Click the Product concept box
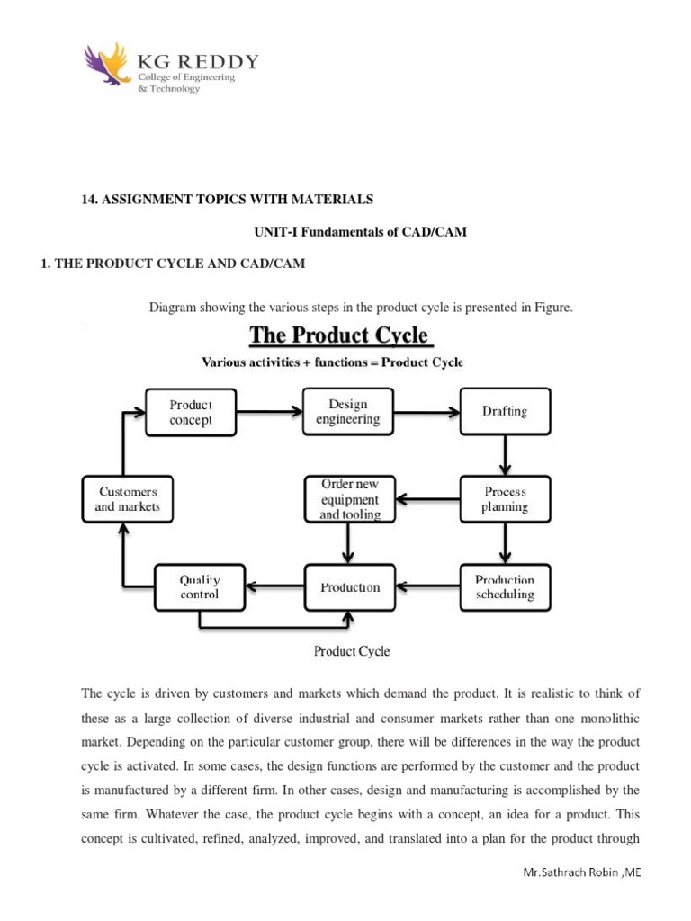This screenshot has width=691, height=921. click(x=191, y=412)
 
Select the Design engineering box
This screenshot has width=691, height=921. click(x=347, y=411)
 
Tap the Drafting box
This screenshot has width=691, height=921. click(x=505, y=412)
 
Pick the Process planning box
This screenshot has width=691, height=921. click(x=505, y=499)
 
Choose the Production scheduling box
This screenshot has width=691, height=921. click(x=505, y=587)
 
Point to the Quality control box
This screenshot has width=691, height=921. click(x=199, y=587)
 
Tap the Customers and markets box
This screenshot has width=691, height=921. click(x=126, y=499)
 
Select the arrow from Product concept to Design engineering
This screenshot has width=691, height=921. click(x=270, y=412)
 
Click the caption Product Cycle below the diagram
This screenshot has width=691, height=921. click(x=351, y=650)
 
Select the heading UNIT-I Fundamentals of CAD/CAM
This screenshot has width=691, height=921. click(x=362, y=232)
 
